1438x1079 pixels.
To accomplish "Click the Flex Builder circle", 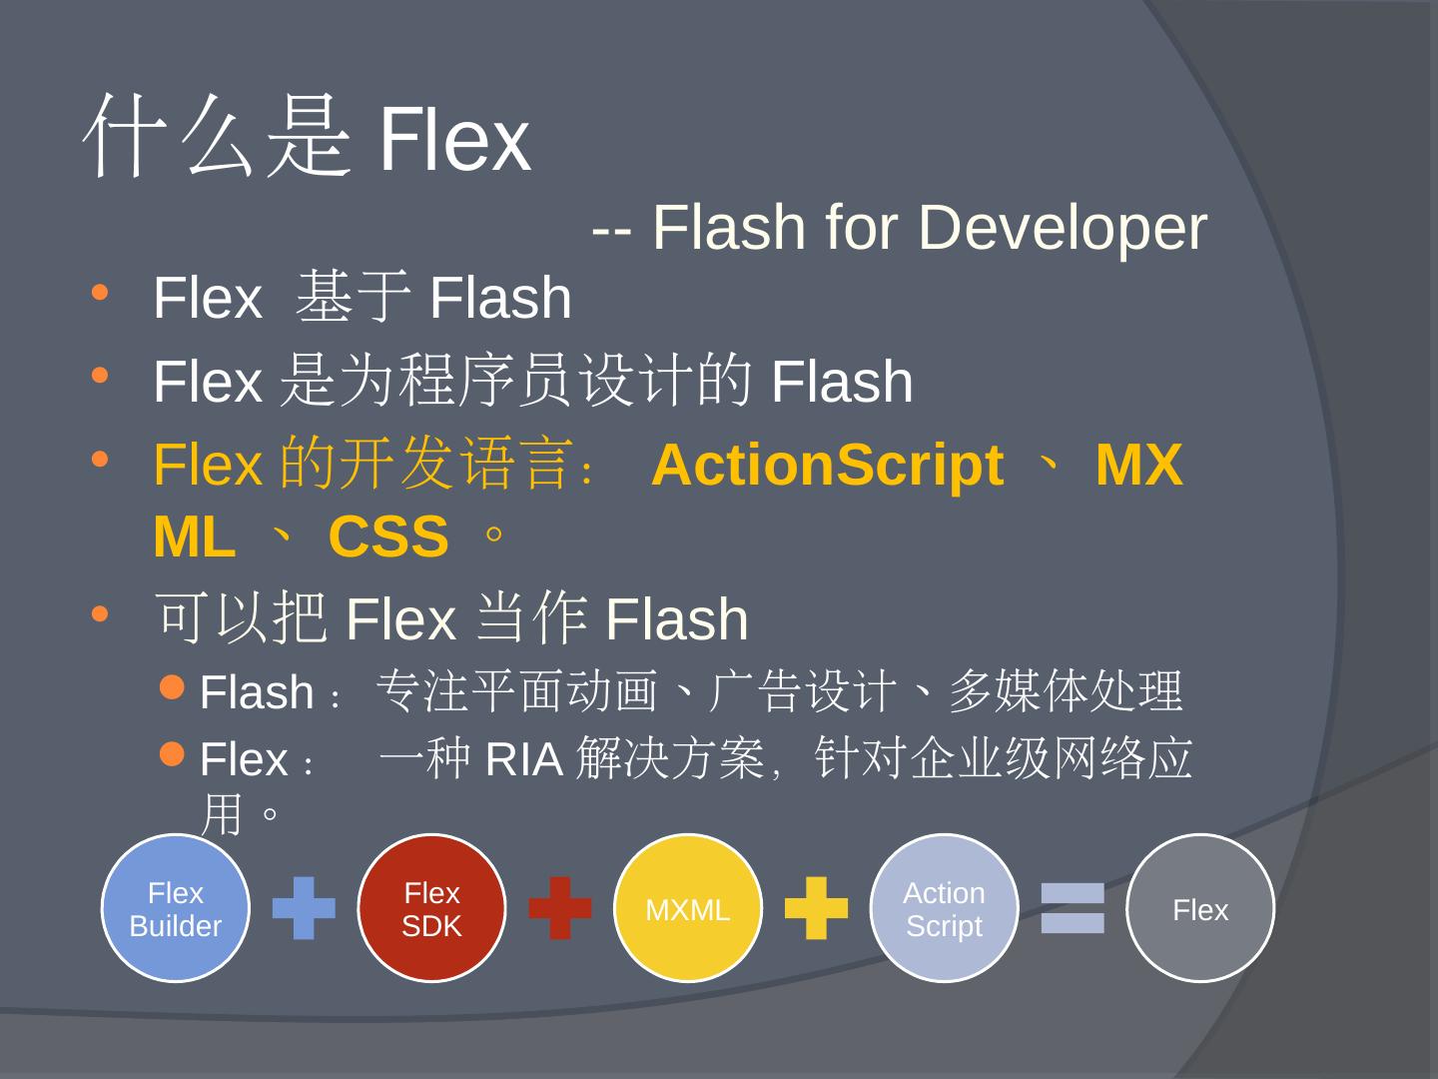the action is [175, 908].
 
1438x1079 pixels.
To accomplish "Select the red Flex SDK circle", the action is [431, 908].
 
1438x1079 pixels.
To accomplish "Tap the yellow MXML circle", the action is [687, 908].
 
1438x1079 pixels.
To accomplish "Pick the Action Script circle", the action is [944, 908].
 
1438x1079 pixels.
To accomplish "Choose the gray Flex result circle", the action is [1199, 908].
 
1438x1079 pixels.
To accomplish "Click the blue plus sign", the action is [304, 908].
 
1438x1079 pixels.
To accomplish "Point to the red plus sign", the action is [559, 908].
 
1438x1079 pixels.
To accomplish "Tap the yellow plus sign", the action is [816, 908].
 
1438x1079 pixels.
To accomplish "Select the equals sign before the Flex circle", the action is [1073, 908].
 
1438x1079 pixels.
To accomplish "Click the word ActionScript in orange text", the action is [827, 466].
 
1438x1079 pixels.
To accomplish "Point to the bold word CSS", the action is [387, 538].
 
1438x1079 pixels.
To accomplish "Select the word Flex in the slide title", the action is [453, 140].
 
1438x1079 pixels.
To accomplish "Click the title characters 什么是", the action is [218, 138].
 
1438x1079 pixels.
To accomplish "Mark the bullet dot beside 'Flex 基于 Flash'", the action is [99, 293].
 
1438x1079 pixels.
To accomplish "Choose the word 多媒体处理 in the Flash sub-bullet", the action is [1065, 691].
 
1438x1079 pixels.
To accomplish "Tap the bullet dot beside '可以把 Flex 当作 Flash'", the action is [99, 613].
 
